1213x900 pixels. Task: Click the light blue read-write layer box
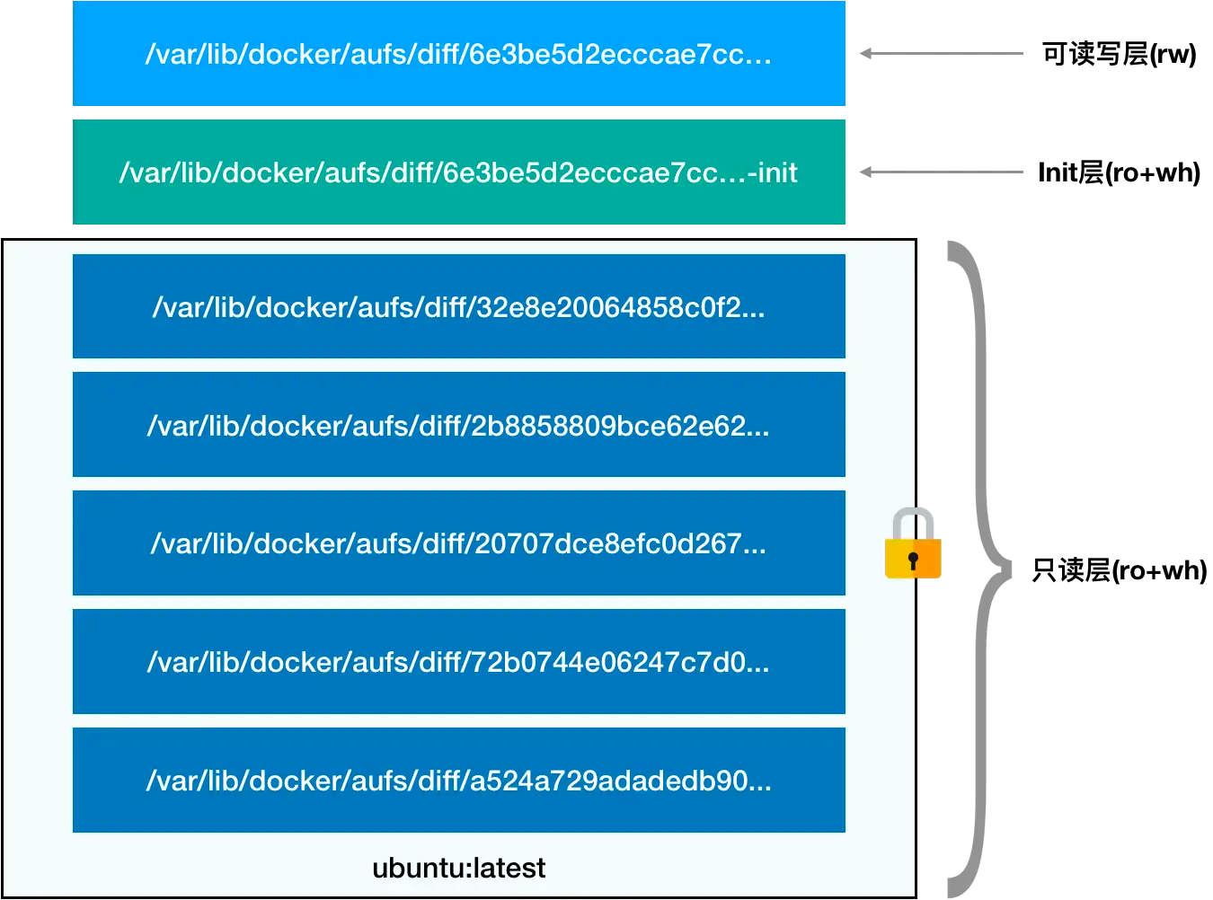459,53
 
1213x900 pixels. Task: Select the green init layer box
459,172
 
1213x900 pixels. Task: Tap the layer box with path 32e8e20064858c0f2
459,306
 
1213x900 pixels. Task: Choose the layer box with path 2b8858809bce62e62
459,424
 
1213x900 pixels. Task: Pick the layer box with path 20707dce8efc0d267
459,543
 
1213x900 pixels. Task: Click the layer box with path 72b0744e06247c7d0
459,662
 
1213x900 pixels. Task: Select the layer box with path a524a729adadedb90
459,780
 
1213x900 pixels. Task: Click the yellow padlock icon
913,543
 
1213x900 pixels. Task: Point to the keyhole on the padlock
913,560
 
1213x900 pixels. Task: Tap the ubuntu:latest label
459,869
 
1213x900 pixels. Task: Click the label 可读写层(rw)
1119,54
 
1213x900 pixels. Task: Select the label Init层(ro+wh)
1119,172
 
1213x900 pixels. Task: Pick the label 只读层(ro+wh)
1119,570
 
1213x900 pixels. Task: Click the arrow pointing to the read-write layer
941,54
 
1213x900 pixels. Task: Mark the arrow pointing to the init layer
941,172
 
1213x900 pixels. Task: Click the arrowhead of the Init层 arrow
865,172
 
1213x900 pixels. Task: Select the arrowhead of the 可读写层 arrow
865,54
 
